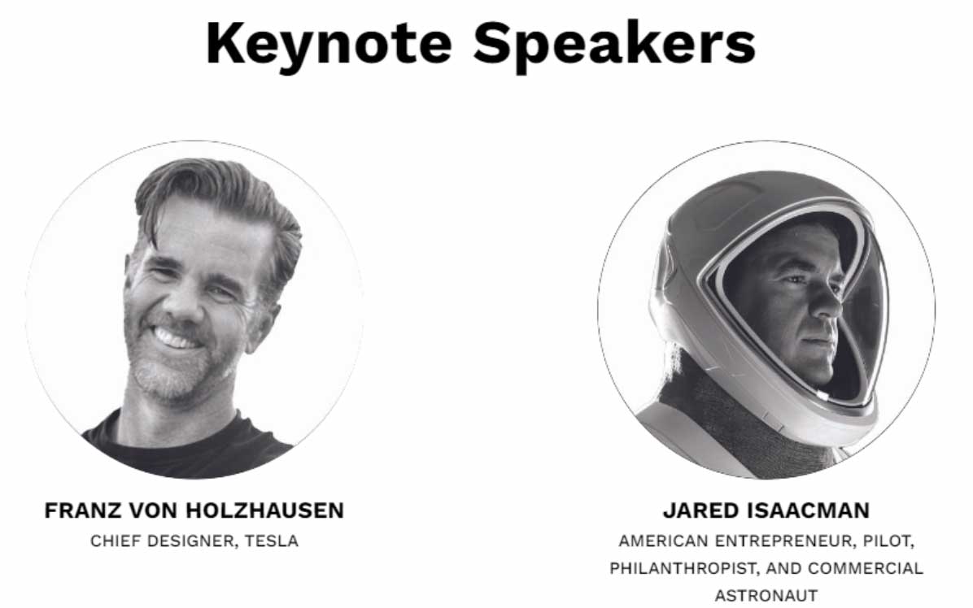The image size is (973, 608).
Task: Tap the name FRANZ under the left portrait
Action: click(x=82, y=510)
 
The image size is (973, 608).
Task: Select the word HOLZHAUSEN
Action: click(x=264, y=510)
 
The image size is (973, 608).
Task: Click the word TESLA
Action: click(x=271, y=541)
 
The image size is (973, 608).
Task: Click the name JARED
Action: click(x=701, y=510)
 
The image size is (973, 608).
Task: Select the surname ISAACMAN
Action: click(x=809, y=510)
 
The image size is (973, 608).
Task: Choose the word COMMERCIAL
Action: click(x=866, y=568)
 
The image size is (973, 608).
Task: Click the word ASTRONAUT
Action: click(x=766, y=596)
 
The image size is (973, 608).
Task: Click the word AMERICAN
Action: click(x=663, y=541)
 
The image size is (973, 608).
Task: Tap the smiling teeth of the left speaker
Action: click(x=176, y=338)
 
